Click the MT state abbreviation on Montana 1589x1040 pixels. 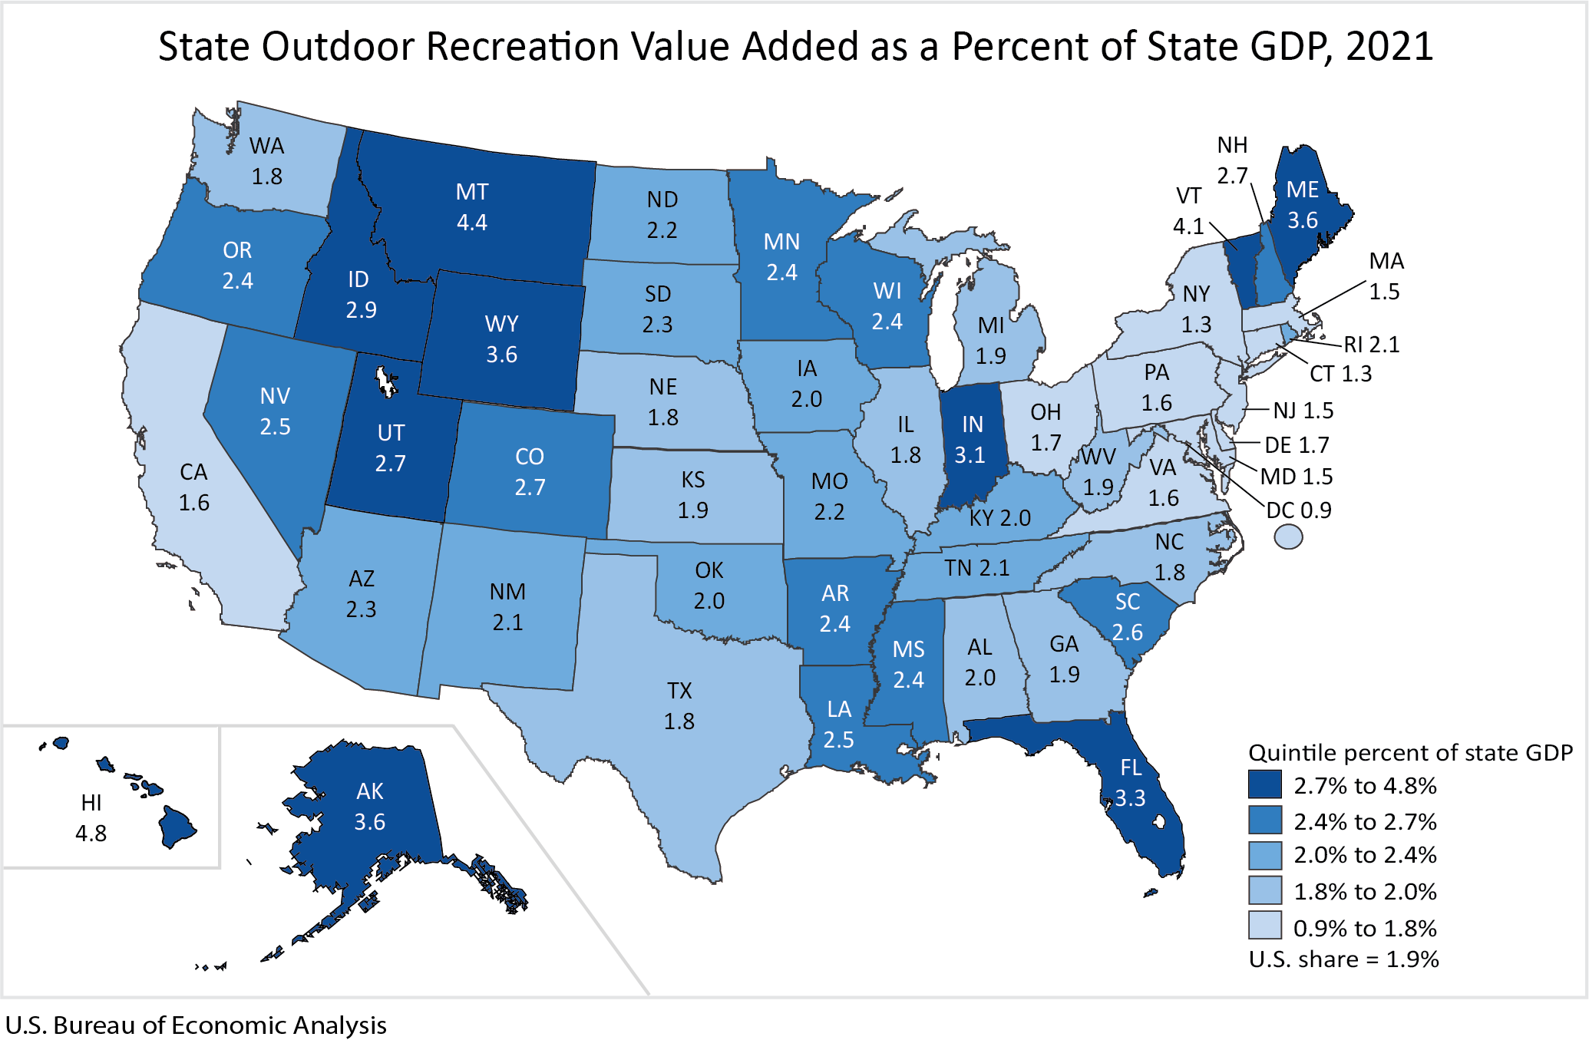pyautogui.click(x=471, y=192)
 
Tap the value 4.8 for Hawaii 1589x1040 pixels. pyautogui.click(x=91, y=833)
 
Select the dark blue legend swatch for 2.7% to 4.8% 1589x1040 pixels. pyautogui.click(x=1264, y=784)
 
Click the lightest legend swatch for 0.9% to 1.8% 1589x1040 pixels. pyautogui.click(x=1264, y=926)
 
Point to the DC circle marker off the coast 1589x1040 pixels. pyautogui.click(x=1288, y=537)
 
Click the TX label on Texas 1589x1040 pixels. pyautogui.click(x=679, y=691)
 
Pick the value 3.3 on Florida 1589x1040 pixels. pyautogui.click(x=1130, y=798)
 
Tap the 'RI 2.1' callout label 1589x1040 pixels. pyautogui.click(x=1371, y=345)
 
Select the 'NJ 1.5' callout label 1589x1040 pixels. pyautogui.click(x=1303, y=411)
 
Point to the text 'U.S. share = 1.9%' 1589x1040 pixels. pyautogui.click(x=1343, y=959)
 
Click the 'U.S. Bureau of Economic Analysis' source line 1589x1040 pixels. pyautogui.click(x=196, y=1025)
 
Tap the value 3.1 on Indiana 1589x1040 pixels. pyautogui.click(x=970, y=455)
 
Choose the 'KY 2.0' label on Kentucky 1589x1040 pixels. pyautogui.click(x=999, y=518)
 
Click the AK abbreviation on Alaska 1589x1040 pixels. pyautogui.click(x=369, y=791)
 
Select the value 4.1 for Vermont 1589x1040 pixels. pyautogui.click(x=1188, y=226)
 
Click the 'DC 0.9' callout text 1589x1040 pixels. pyautogui.click(x=1298, y=510)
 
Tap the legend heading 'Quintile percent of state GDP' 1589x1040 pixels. pyautogui.click(x=1410, y=752)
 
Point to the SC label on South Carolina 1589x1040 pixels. pyautogui.click(x=1127, y=602)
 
